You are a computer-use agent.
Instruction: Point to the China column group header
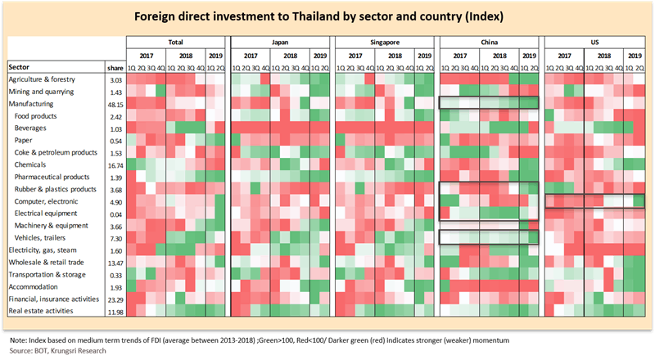coord(490,41)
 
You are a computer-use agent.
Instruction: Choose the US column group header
coord(595,41)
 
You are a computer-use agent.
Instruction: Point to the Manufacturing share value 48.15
coord(115,104)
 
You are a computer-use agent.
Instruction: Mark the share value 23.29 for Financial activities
coord(115,299)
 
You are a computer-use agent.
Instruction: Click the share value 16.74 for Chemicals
coord(115,164)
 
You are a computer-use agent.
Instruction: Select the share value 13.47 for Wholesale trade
coord(115,262)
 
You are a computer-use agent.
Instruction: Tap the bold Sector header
coord(20,66)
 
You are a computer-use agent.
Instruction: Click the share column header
coord(115,66)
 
